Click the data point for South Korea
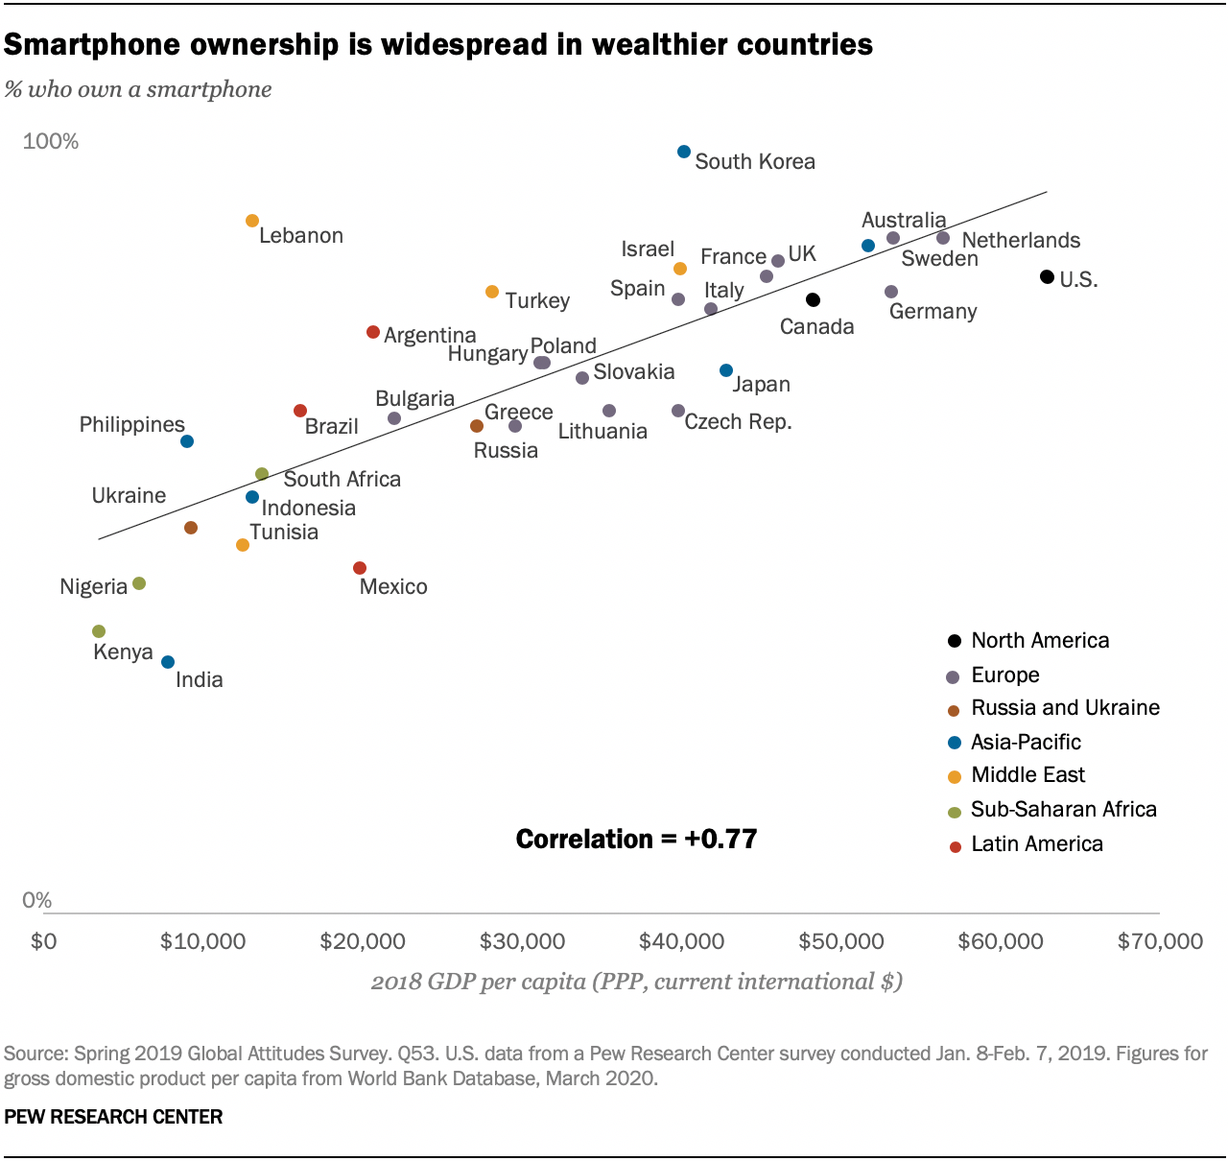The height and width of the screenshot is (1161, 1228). pos(684,152)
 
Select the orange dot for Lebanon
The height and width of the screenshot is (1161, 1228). pos(252,221)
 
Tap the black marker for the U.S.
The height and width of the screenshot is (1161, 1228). pos(1047,277)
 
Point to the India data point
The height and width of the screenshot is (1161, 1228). pos(168,662)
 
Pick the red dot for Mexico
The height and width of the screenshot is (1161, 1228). pos(360,568)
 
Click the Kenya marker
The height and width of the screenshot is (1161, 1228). pos(99,631)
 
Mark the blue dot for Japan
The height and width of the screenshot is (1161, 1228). pos(726,370)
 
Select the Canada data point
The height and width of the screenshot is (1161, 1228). pos(813,300)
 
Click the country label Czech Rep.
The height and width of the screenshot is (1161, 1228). pos(738,422)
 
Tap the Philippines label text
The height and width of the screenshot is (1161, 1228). pos(131,424)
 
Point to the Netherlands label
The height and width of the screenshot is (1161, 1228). pos(1021,240)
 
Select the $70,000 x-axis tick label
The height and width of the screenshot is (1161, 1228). pos(1160,941)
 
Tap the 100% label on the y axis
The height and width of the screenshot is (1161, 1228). pos(51,142)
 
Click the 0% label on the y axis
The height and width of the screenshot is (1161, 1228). pos(36,900)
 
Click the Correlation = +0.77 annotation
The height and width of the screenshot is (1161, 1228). pos(636,839)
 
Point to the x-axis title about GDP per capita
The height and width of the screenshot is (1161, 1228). pos(636,982)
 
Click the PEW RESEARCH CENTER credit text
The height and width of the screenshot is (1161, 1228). pos(113,1117)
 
